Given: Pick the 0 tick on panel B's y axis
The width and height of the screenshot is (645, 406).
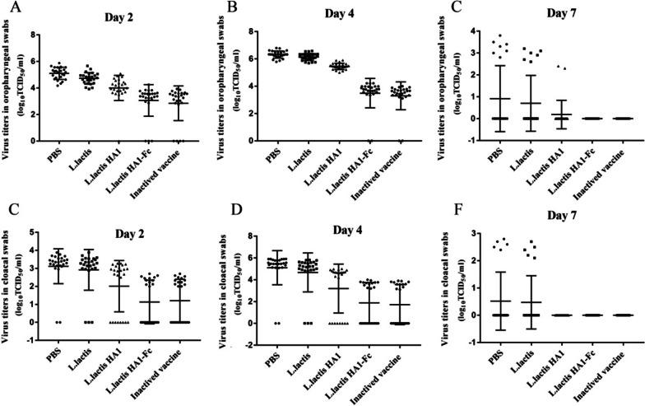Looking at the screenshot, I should click(x=259, y=141).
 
